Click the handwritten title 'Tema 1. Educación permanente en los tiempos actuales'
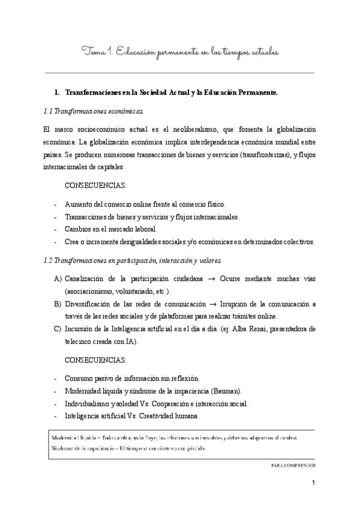(x=180, y=53)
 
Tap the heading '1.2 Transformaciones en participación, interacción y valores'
(x=133, y=261)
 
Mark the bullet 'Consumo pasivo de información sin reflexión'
(x=131, y=378)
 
